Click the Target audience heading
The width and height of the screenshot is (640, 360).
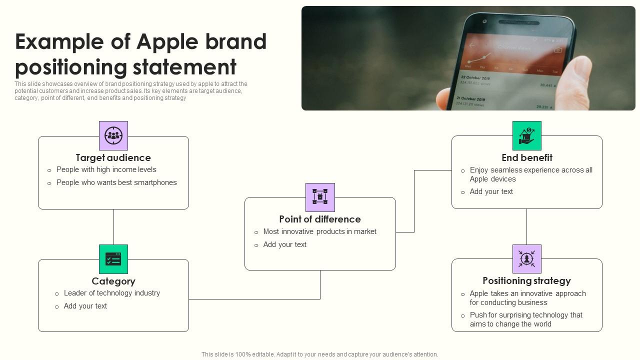coord(113,158)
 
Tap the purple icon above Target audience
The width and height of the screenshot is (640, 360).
coord(113,135)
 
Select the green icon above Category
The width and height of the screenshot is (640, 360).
coord(113,259)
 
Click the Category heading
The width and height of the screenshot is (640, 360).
coord(113,281)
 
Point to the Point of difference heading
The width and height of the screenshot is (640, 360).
coord(320,219)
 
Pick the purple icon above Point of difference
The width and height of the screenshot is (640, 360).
coord(320,197)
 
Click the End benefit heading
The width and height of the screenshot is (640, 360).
coord(527,158)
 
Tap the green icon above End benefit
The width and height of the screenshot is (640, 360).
coord(527,135)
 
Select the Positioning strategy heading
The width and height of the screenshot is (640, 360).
coord(526,280)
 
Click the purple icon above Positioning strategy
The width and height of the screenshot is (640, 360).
coord(527,259)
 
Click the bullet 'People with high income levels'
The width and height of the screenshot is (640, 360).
coord(106,169)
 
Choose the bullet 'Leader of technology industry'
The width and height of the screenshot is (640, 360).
coord(112,293)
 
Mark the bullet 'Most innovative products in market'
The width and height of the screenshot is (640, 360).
coord(320,231)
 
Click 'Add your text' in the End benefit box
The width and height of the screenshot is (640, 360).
coord(491,191)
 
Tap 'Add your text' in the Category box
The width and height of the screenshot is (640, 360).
coord(85,306)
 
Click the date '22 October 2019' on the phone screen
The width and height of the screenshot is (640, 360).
coord(475,78)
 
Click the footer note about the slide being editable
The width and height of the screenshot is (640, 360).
coord(320,354)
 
